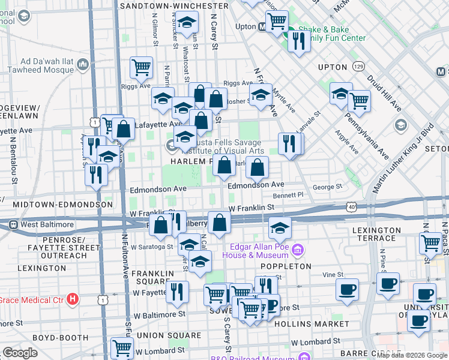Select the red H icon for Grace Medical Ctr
pos(73,298)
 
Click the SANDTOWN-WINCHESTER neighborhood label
pos(174,6)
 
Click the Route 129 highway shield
pos(359,65)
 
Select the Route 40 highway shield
pos(351,206)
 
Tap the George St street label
pos(331,187)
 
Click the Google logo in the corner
pos(20,353)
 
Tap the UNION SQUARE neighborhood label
pos(163,334)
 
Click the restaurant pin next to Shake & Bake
pos(297,41)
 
